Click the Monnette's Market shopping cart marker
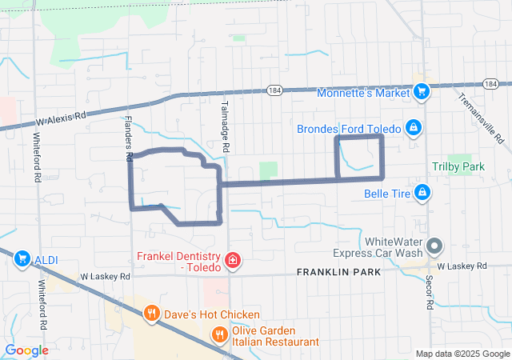click(x=422, y=92)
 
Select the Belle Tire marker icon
click(x=422, y=192)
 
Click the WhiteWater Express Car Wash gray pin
click(x=434, y=246)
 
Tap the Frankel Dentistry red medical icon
click(x=232, y=260)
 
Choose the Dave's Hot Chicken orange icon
click(x=151, y=314)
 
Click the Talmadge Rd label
click(x=226, y=133)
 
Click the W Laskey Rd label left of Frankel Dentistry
click(x=104, y=276)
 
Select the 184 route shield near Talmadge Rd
click(x=274, y=90)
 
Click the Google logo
click(x=26, y=350)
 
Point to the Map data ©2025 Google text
click(x=462, y=354)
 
